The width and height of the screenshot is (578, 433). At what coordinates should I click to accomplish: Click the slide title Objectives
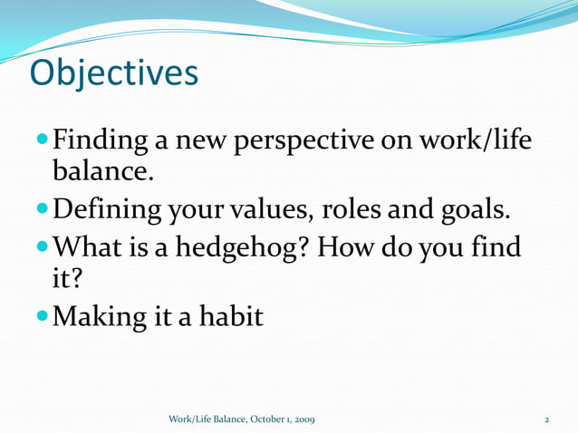point(113,73)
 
